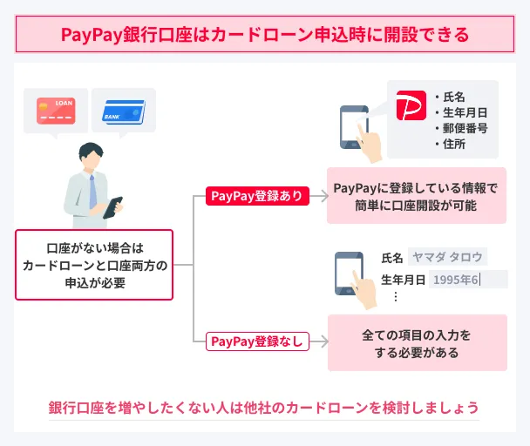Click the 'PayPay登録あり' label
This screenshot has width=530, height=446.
pos(257,196)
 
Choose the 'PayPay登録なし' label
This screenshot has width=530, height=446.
pos(257,341)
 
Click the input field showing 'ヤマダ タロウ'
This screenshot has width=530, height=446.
pos(447,257)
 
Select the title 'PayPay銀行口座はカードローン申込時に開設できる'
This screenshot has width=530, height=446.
pos(265,35)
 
